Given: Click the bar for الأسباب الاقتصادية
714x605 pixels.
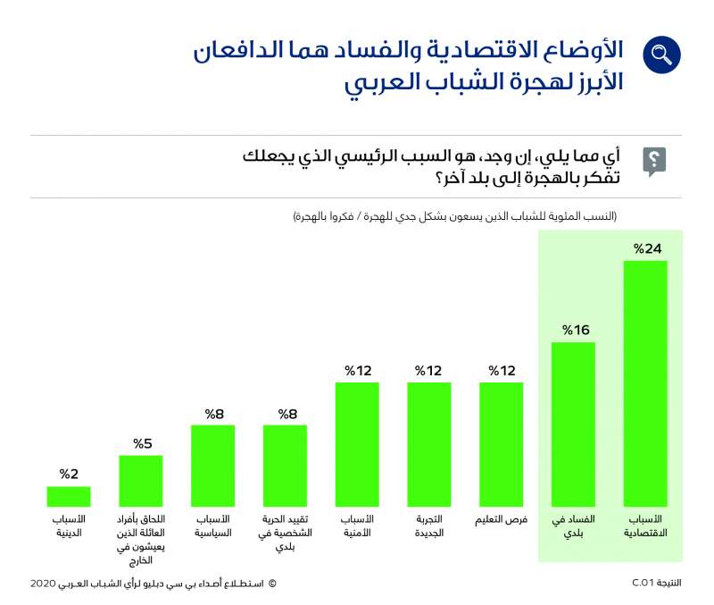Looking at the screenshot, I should [x=645, y=384].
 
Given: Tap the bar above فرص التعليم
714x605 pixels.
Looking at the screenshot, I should [x=501, y=445].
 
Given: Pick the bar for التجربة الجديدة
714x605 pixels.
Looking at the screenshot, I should [x=429, y=445].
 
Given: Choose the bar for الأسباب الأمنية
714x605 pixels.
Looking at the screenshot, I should [x=357, y=445].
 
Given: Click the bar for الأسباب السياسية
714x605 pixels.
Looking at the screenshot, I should [x=212, y=466].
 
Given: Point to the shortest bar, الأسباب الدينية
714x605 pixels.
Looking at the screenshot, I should [x=69, y=497].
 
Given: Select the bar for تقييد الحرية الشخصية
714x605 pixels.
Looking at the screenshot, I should [x=285, y=466].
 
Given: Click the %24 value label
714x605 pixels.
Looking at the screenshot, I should [x=647, y=248].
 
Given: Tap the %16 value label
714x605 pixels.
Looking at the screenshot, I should [x=575, y=330].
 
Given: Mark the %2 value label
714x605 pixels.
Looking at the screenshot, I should [x=70, y=474].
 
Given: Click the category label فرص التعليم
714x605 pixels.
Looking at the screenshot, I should [x=500, y=519].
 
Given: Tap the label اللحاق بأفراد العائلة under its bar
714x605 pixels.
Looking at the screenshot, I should [x=141, y=539].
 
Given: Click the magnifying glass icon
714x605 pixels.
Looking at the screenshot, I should [x=661, y=55].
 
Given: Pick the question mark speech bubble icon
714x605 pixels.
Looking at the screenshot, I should [x=654, y=162].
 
